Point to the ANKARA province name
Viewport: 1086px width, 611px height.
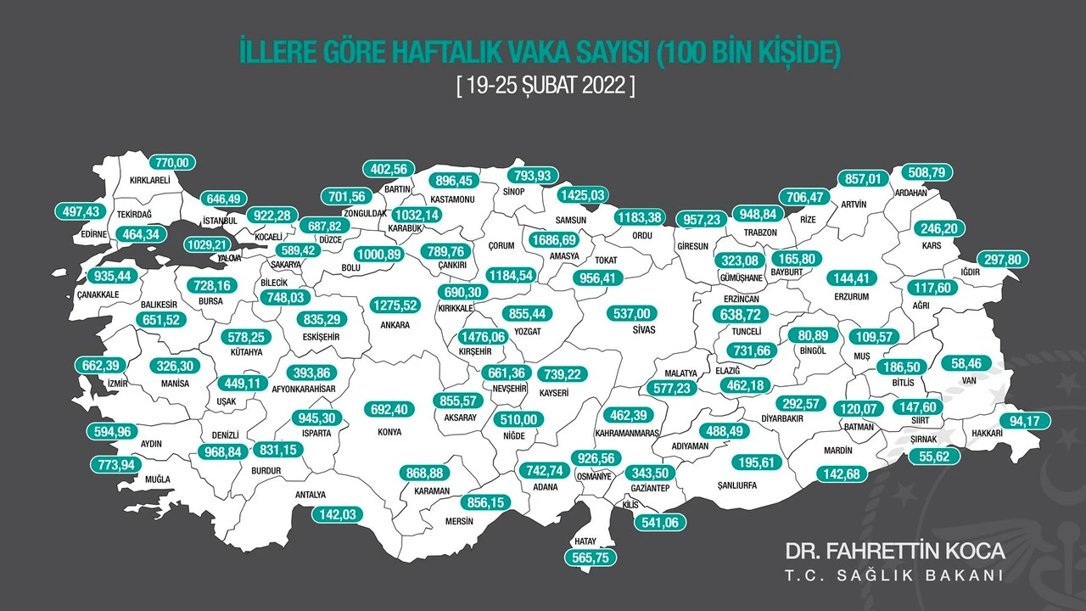pyautogui.click(x=395, y=325)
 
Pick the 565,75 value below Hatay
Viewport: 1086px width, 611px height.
pyautogui.click(x=591, y=558)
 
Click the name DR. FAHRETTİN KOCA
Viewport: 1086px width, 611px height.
pyautogui.click(x=895, y=551)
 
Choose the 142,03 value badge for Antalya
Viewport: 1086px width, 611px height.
pyautogui.click(x=338, y=513)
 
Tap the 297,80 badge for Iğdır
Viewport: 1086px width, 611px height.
pyautogui.click(x=1003, y=259)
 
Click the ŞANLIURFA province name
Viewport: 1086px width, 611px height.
pyautogui.click(x=736, y=486)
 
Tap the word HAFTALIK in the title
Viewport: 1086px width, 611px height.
pyautogui.click(x=436, y=53)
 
